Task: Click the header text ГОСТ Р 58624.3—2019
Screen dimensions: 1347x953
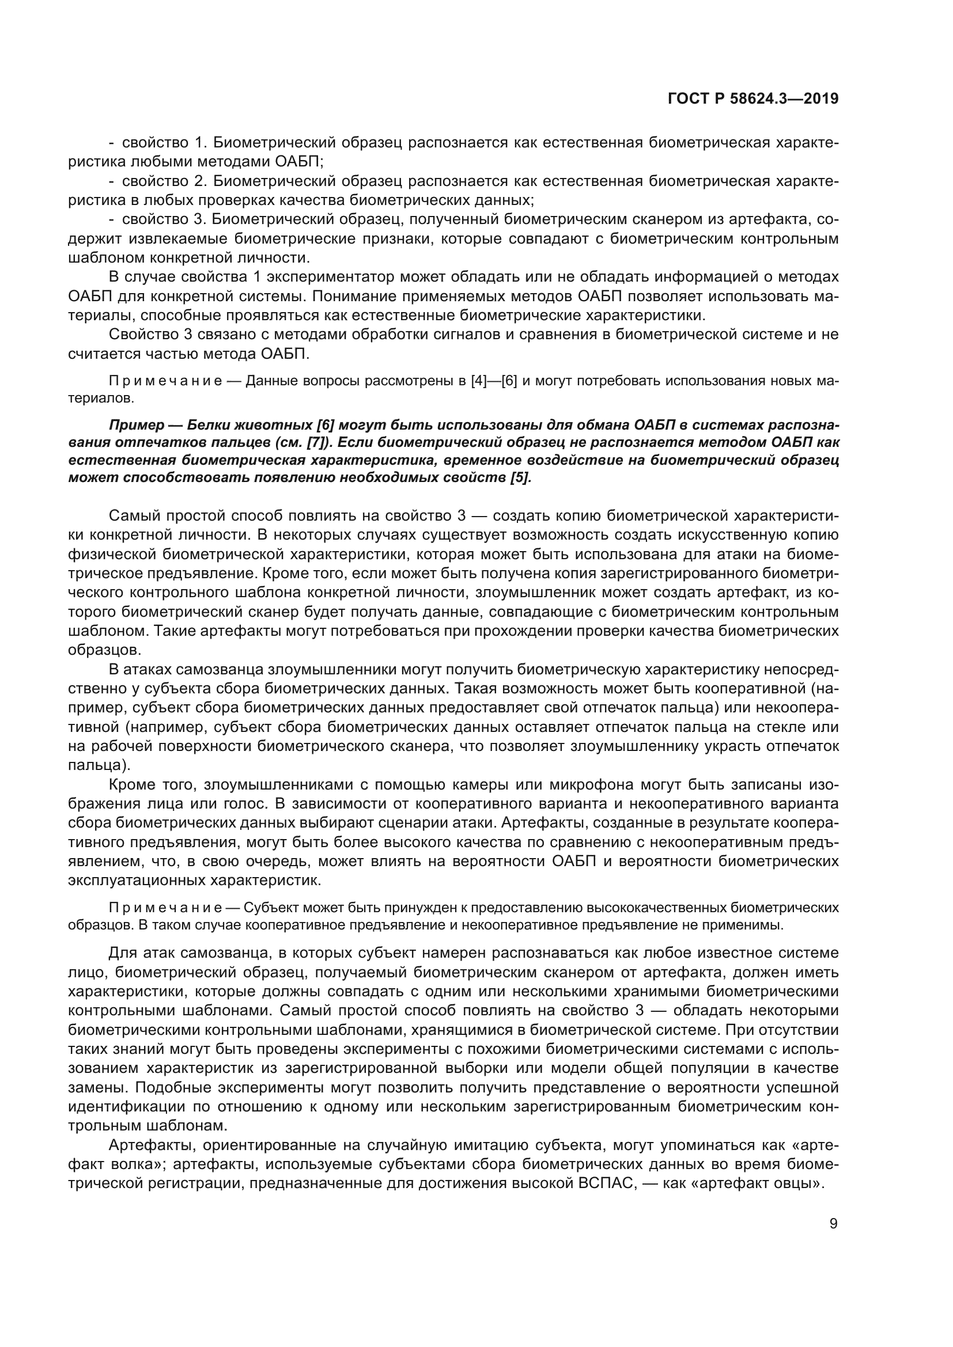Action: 753,98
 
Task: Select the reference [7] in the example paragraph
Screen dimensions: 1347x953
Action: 315,442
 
